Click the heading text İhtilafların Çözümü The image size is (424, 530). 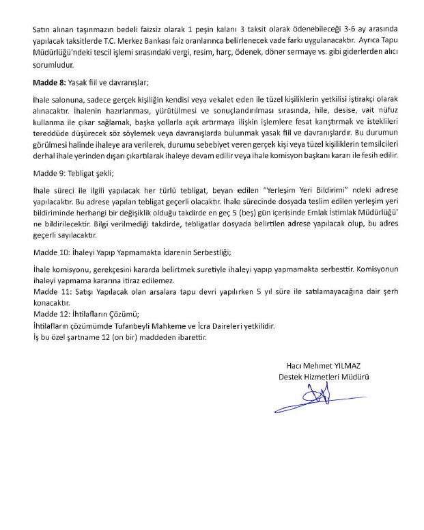click(x=104, y=314)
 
